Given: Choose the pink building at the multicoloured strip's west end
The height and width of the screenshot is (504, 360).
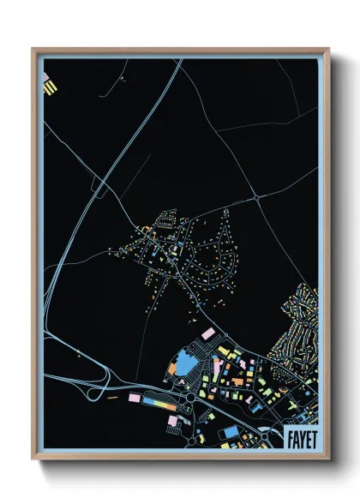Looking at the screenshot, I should pyautogui.click(x=135, y=399).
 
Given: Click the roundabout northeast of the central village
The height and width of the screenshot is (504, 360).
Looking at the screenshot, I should pyautogui.click(x=256, y=198).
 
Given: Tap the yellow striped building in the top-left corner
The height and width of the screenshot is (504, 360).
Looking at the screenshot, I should pyautogui.click(x=51, y=87).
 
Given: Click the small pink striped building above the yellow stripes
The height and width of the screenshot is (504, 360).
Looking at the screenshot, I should pyautogui.click(x=45, y=76).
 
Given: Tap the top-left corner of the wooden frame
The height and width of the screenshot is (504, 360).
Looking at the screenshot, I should pyautogui.click(x=33, y=49).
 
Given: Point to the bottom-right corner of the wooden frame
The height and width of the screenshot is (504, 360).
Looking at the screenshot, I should pyautogui.click(x=328, y=459).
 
